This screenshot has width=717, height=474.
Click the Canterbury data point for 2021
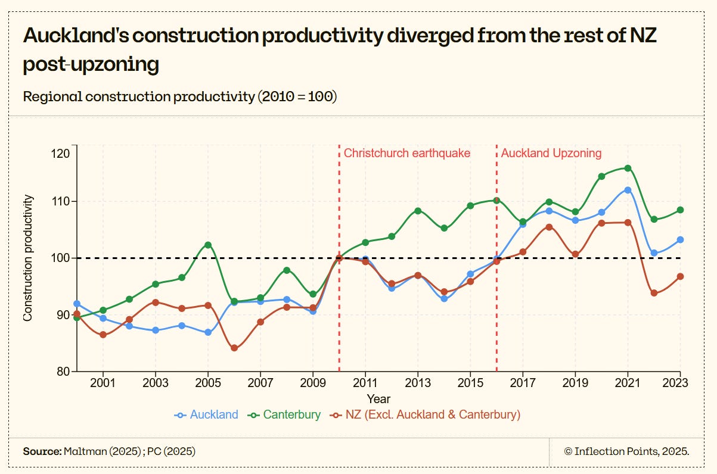point(628,168)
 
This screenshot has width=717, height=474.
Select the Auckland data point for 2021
point(628,190)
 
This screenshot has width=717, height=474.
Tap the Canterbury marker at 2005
point(208,245)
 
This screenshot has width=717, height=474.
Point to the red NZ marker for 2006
point(234,348)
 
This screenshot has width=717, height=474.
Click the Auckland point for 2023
point(680,239)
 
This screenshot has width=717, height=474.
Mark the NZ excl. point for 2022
point(654,293)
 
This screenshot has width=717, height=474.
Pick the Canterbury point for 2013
point(418,211)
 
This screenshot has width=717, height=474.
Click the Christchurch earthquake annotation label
point(407,153)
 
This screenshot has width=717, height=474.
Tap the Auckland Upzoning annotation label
point(551,153)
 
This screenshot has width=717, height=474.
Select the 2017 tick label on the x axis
point(523,383)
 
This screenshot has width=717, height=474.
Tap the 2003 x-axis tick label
point(156,383)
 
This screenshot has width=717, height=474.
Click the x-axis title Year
point(378,398)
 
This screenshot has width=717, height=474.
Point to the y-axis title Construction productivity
point(28,258)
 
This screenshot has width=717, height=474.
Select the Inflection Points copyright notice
point(626,451)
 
